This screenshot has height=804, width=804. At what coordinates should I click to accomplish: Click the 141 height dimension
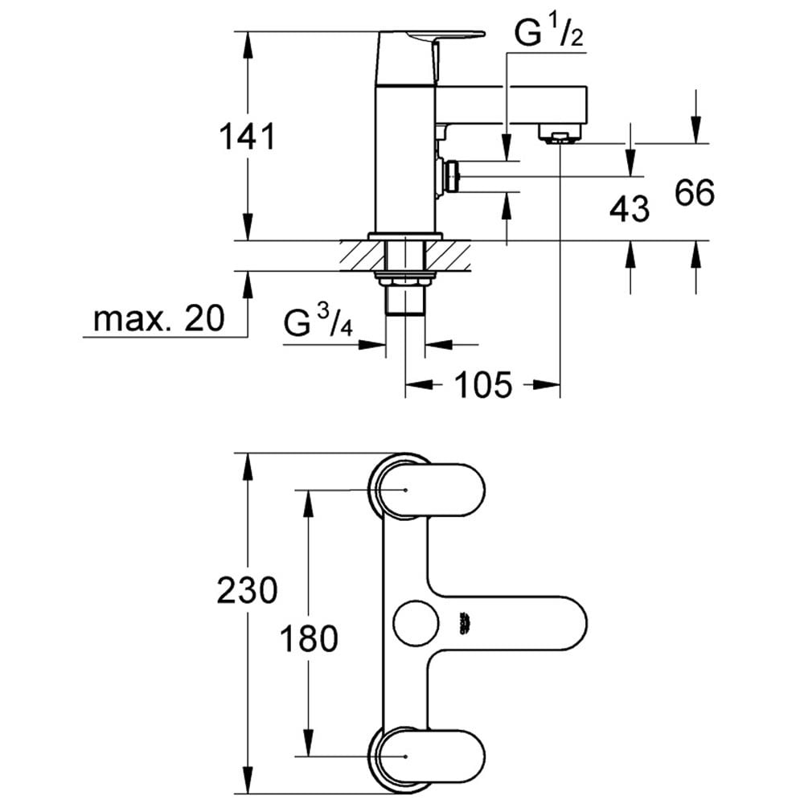247,137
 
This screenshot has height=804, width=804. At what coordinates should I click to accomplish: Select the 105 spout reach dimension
483,384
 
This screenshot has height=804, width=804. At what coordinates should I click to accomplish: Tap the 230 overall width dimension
247,590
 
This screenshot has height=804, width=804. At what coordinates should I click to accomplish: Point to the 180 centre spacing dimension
309,639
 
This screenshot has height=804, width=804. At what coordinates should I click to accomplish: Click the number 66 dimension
695,193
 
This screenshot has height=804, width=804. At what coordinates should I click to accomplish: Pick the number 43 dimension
630,209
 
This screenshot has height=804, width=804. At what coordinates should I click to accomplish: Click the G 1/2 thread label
548,34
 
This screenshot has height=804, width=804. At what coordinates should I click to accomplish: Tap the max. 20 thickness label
159,318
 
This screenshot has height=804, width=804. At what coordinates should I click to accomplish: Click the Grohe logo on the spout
466,624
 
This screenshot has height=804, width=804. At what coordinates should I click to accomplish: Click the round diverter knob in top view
416,624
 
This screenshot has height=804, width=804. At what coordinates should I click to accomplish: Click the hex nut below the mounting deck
405,280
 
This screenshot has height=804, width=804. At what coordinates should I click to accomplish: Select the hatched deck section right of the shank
447,256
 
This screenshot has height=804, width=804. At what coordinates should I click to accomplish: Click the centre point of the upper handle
405,490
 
